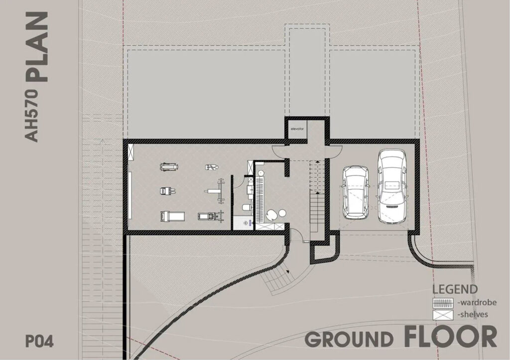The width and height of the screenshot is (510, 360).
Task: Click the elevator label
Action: [x=297, y=129]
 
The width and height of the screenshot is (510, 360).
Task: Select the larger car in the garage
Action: [x=392, y=186]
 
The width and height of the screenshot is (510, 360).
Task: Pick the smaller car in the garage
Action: [x=356, y=192]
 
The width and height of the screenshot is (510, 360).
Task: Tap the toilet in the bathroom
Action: [x=246, y=208]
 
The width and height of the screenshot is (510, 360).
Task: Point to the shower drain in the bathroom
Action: [x=245, y=223]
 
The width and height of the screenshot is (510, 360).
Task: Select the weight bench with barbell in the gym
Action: [x=215, y=191]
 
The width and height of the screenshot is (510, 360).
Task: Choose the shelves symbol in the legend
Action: [x=443, y=315]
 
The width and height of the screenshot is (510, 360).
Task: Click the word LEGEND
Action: [x=455, y=289]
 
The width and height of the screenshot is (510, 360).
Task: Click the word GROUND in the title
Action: [x=349, y=339]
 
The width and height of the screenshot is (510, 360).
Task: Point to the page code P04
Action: [x=39, y=341]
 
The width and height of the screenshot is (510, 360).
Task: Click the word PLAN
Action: [x=37, y=47]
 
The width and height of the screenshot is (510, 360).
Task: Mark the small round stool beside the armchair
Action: [x=282, y=213]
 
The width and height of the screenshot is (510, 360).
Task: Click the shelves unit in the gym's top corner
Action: [x=131, y=152]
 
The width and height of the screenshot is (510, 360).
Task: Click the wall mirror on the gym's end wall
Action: [x=130, y=196]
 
